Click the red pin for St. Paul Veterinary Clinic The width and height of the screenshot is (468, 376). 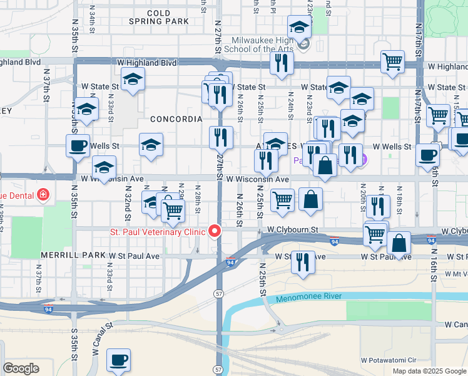pyautogui.click(x=215, y=232)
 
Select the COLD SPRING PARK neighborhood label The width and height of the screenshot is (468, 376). pyautogui.click(x=158, y=17)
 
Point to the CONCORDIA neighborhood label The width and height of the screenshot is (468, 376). pyautogui.click(x=176, y=118)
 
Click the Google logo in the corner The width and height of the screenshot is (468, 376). pyautogui.click(x=21, y=368)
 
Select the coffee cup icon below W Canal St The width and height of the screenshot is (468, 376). pyautogui.click(x=118, y=360)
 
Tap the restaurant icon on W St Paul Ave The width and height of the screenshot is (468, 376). pyautogui.click(x=302, y=261)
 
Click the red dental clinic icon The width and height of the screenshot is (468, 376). pyautogui.click(x=43, y=195)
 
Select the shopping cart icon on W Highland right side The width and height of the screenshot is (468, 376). pyautogui.click(x=392, y=61)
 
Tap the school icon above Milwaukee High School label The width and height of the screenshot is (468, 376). pyautogui.click(x=299, y=26)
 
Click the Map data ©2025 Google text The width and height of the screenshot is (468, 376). pyautogui.click(x=429, y=371)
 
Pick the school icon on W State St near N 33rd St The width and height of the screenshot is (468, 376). pyautogui.click(x=133, y=79)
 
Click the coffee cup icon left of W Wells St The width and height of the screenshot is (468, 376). pyautogui.click(x=78, y=145)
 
